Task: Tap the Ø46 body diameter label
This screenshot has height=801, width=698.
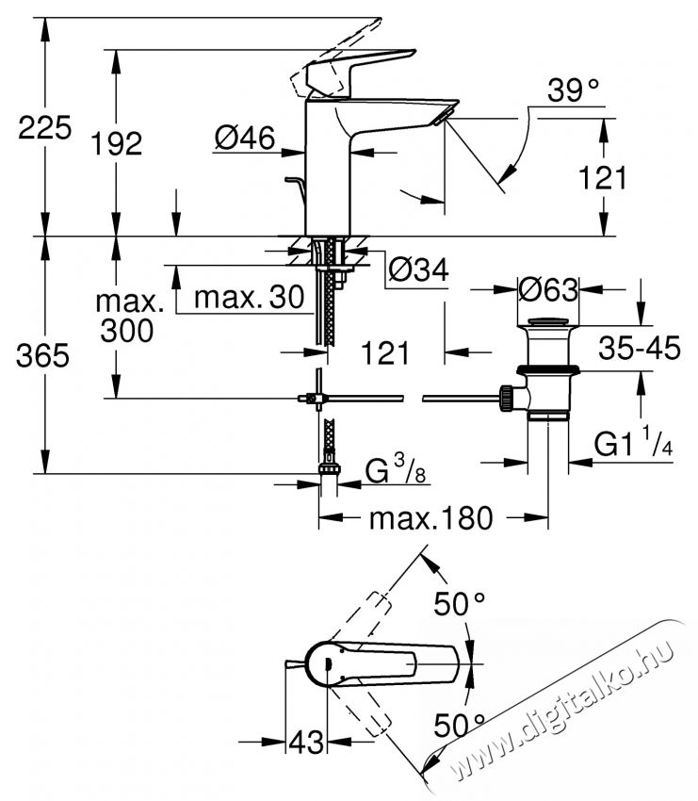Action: (244, 139)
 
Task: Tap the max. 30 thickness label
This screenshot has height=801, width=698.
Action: (249, 299)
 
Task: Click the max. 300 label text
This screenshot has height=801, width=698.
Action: (128, 317)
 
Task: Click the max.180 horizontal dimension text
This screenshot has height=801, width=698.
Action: (430, 518)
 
